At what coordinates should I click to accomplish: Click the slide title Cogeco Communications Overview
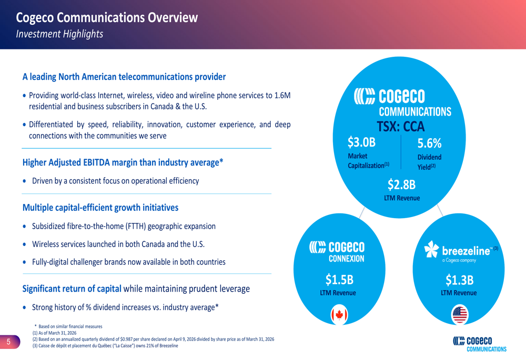coord(107,18)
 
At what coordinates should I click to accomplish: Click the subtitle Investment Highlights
coord(59,34)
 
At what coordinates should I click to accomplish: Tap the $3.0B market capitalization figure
coord(362,142)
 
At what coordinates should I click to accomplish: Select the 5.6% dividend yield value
coord(429,143)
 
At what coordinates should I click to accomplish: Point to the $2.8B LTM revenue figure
coord(401,184)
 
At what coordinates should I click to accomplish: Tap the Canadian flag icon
coord(339,315)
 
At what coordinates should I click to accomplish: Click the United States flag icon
coord(460,315)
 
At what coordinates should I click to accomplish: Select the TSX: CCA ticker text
coord(400,126)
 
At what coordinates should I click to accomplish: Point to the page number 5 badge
coord(9,342)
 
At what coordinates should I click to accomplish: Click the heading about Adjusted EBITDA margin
coord(123,162)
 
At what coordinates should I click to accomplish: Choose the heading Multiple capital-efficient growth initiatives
coord(100,208)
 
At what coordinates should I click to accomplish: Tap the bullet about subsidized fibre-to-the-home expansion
coord(124,227)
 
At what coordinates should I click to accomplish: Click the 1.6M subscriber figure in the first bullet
coord(281,96)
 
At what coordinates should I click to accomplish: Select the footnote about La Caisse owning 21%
coord(105,346)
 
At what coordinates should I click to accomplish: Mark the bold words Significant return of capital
coord(72,289)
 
